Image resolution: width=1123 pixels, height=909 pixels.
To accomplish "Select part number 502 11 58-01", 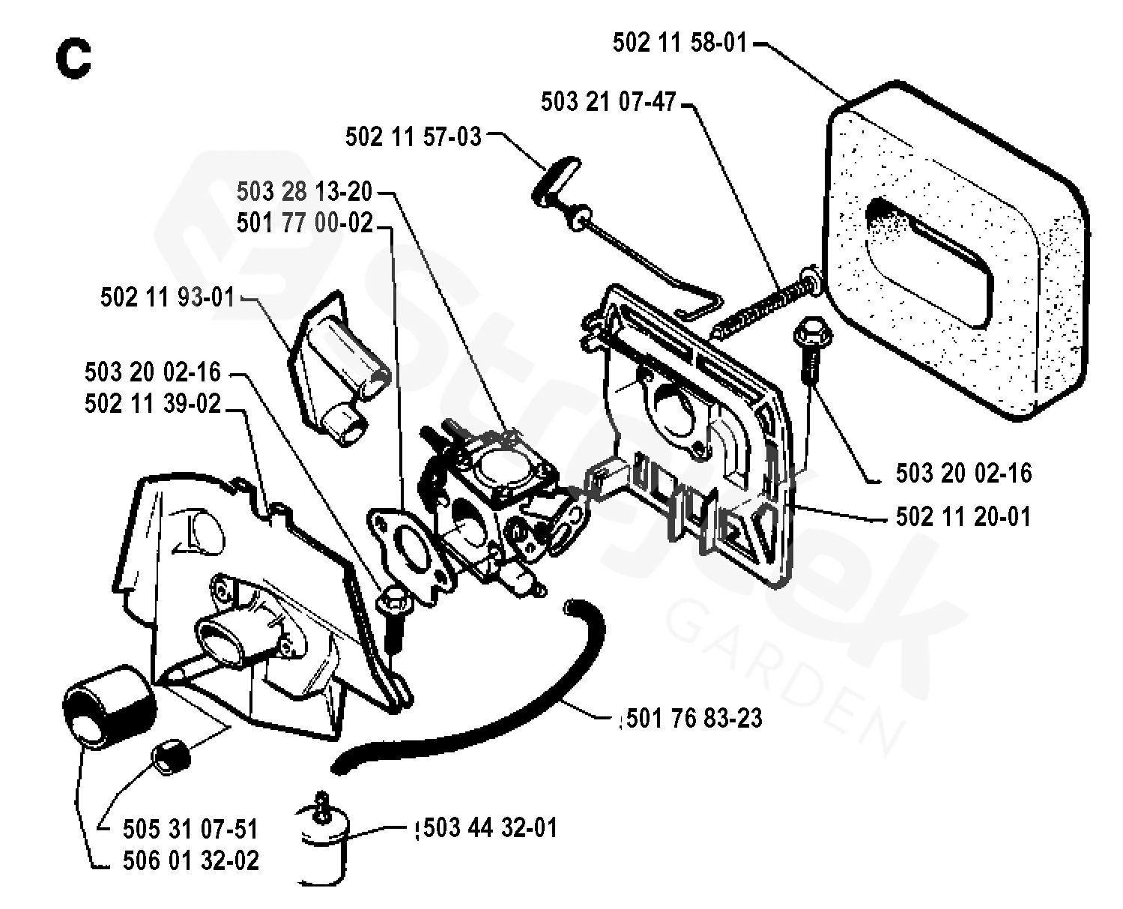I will (x=680, y=42).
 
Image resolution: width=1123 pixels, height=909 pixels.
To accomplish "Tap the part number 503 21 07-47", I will (x=608, y=101).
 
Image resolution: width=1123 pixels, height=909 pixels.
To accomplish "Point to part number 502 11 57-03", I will (x=413, y=136).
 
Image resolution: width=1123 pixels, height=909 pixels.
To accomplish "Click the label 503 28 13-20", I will (x=304, y=192).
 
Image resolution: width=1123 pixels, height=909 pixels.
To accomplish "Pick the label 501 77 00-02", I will (x=304, y=223).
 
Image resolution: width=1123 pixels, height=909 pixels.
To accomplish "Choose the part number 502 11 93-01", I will (x=168, y=297).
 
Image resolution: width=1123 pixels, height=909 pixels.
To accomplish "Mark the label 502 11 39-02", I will (x=153, y=404).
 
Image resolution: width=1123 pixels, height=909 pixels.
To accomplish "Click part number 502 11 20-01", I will (x=963, y=516).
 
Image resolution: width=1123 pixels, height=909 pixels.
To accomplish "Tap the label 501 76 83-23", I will (x=693, y=718).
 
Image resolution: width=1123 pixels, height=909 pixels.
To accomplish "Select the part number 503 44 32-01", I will (x=490, y=828).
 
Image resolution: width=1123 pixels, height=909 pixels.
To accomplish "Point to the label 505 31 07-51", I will (x=190, y=830).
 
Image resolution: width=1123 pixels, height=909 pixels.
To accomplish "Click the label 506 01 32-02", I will (x=190, y=860).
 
